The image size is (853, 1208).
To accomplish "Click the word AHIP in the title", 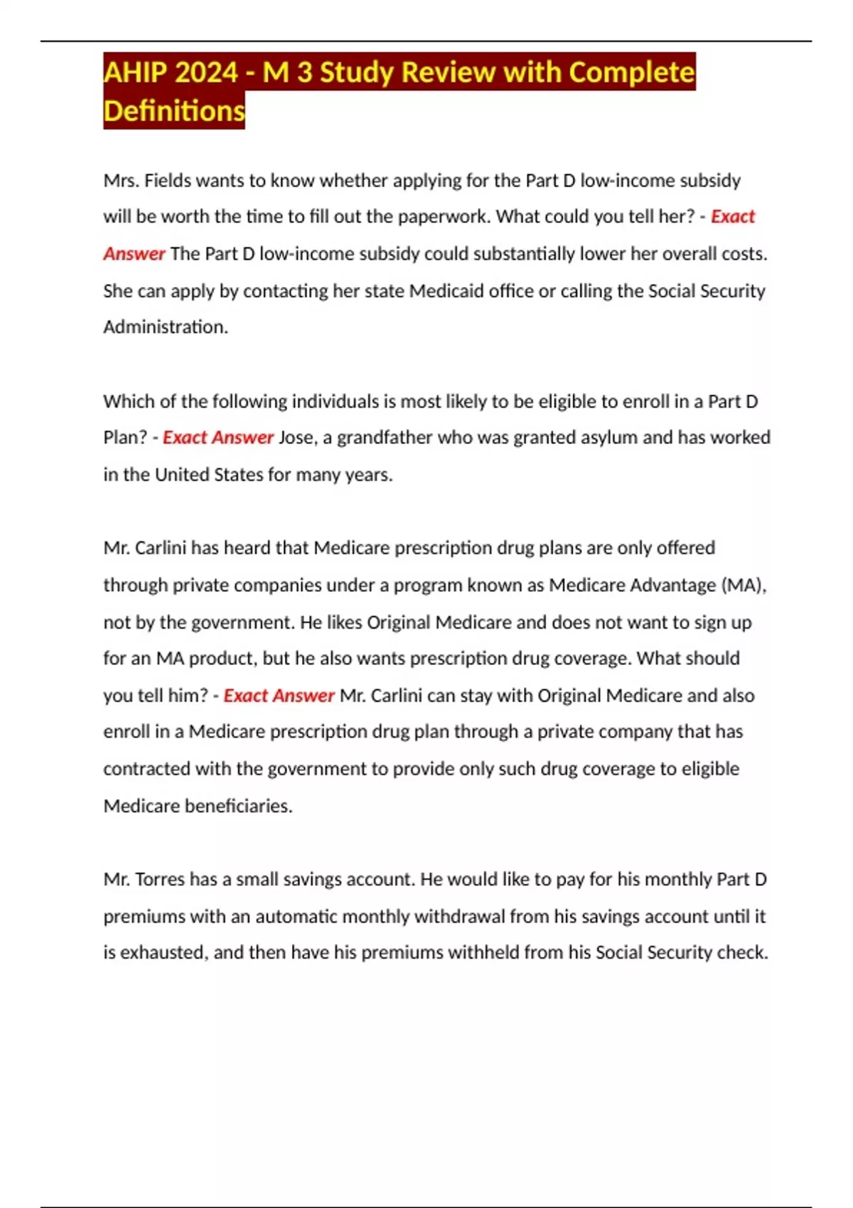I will [x=134, y=72].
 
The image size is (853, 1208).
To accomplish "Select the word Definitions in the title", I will [x=174, y=111].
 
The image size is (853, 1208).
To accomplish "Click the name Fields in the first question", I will [x=167, y=180].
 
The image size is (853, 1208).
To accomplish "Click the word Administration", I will [x=165, y=327].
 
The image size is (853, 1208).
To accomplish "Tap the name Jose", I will [x=296, y=437].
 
